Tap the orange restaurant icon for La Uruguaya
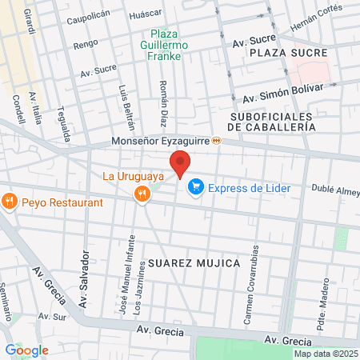point(142,193)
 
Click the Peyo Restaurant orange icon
point(10,202)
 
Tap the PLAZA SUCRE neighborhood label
point(288,52)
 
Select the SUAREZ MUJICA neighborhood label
point(193,262)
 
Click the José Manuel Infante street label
point(125,283)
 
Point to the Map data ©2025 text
point(324,354)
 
